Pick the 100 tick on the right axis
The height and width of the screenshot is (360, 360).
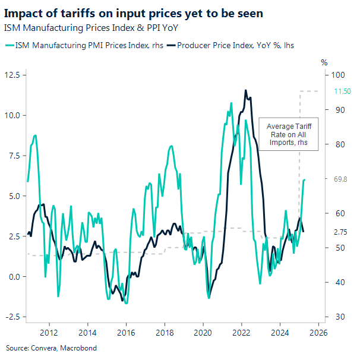point(339,75)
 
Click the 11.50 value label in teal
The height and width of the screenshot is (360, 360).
point(343,91)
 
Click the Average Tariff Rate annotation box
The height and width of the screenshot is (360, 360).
point(288,135)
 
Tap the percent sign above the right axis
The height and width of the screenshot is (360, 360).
point(324,62)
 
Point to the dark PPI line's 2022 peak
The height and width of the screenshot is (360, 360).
point(245,90)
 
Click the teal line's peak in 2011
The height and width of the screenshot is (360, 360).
point(36,135)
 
